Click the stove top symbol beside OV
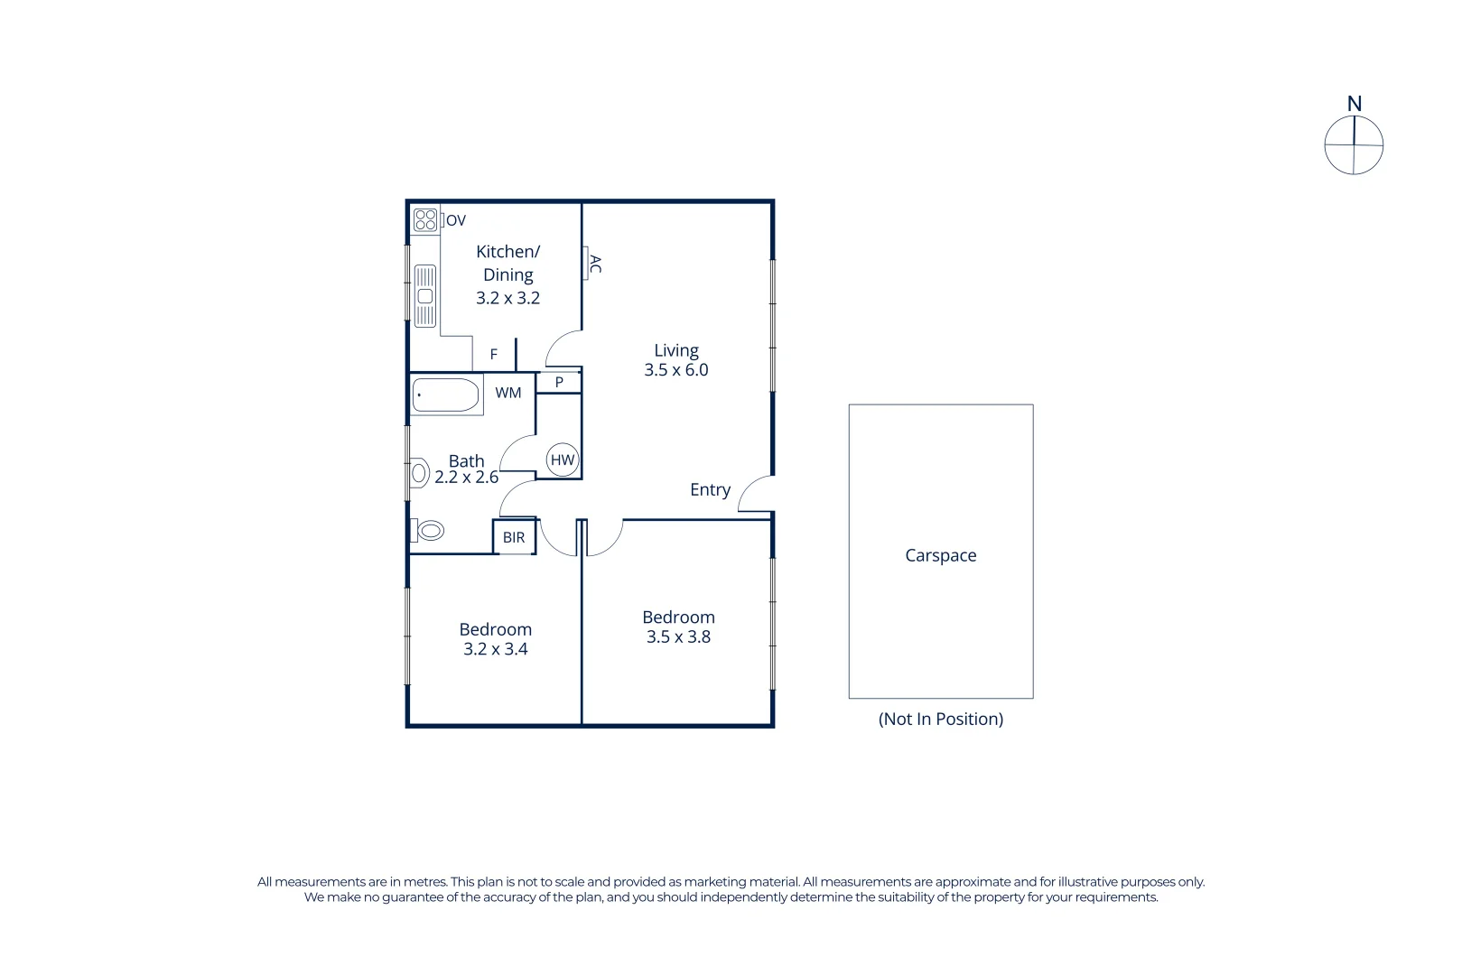[425, 219]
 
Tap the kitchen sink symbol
[424, 296]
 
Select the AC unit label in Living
[595, 264]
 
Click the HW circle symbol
[563, 460]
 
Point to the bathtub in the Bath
[446, 395]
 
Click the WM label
[508, 393]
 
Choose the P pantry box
[559, 383]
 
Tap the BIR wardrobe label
[514, 538]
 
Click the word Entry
[710, 490]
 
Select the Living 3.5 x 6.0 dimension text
[676, 370]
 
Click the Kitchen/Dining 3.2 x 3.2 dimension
[508, 298]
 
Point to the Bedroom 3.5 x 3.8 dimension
[678, 637]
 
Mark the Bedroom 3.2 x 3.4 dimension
[496, 649]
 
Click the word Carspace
[941, 556]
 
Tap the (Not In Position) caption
[941, 720]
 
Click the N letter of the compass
[1355, 105]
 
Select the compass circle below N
[1354, 145]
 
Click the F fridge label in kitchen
[494, 355]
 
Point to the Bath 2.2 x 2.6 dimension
[467, 478]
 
